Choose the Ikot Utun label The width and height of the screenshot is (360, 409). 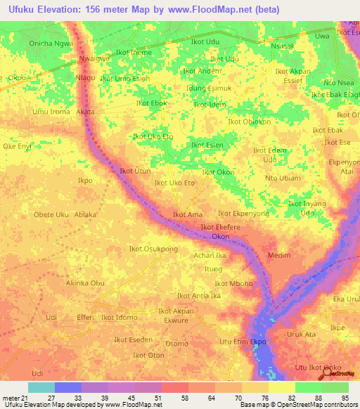[x=135, y=171]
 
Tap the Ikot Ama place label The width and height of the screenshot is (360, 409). [x=188, y=214]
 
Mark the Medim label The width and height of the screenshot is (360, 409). [x=279, y=255]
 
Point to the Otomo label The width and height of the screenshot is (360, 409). [x=176, y=344]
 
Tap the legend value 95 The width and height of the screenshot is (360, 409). [x=344, y=398]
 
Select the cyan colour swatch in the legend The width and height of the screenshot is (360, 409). [x=41, y=387]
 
